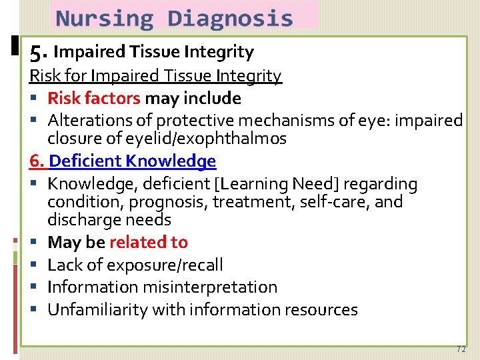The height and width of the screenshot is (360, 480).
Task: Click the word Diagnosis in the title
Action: pos(230,18)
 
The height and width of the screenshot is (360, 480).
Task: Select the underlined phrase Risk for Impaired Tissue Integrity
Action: pos(155,76)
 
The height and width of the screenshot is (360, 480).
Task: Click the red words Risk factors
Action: pos(93,99)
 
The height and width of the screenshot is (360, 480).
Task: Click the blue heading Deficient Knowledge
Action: pos(133,161)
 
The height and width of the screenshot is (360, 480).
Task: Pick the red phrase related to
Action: pos(148,243)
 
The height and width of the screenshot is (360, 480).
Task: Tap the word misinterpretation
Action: pos(206,287)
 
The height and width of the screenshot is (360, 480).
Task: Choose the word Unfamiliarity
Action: pos(97,310)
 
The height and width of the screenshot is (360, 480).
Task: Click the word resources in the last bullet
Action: pos(325,310)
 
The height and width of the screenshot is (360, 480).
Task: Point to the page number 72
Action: pos(461,349)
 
